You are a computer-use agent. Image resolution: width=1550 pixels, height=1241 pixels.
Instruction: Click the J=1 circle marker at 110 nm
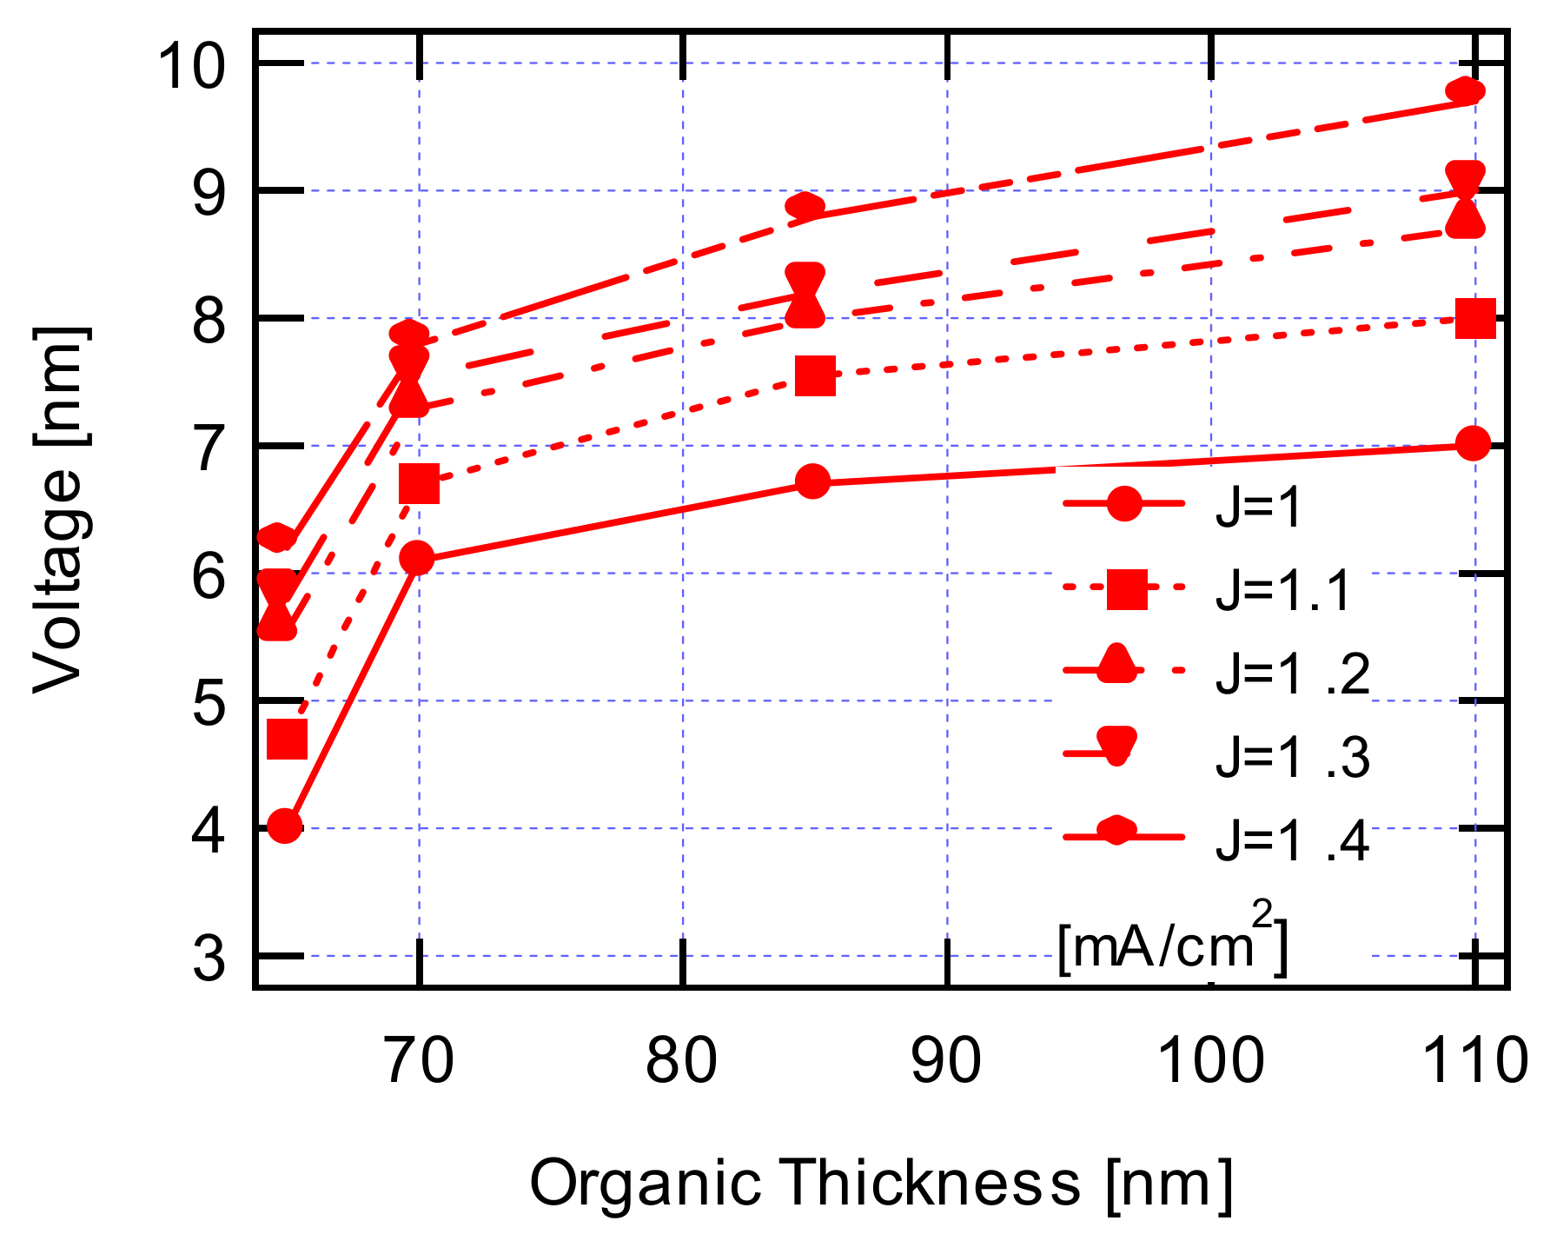tap(1473, 444)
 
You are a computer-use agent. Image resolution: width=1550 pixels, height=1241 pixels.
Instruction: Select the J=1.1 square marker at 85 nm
tap(815, 375)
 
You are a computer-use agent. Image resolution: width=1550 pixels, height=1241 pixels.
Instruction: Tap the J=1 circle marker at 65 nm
tap(285, 826)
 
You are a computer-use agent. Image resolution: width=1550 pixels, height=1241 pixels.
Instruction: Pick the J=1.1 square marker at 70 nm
tap(419, 484)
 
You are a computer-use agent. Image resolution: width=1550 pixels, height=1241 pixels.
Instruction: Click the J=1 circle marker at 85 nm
tap(813, 481)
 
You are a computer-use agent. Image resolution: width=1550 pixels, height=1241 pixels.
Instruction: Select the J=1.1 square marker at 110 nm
tap(1474, 318)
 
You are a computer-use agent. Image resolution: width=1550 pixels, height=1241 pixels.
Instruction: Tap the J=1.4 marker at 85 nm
tap(805, 207)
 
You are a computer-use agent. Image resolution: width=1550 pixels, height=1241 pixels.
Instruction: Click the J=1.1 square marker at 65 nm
tap(287, 740)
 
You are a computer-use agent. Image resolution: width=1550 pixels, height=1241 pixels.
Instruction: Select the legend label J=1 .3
tap(1292, 757)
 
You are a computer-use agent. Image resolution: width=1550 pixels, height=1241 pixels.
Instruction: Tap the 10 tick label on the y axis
tap(192, 65)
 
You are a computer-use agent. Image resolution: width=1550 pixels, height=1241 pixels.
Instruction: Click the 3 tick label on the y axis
tap(209, 959)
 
